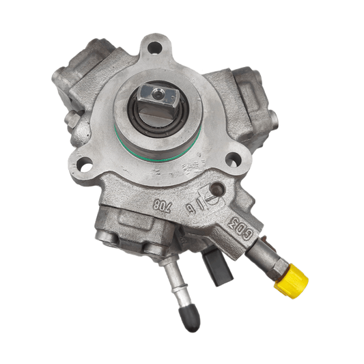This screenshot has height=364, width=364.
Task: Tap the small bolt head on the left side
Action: pyautogui.click(x=70, y=119)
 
